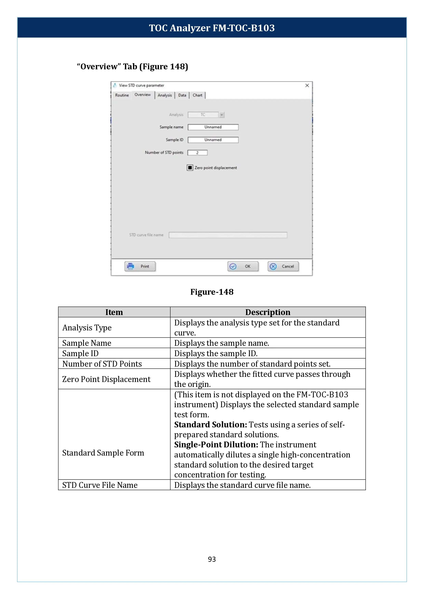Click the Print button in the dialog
140,266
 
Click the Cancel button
283,266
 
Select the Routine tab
122,95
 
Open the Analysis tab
165,95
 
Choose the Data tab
182,95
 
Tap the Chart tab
197,95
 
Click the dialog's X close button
307,86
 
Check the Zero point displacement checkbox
190,168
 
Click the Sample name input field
213,127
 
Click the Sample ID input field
213,140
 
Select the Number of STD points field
197,153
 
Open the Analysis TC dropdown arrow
222,115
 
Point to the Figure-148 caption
212,292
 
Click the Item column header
114,312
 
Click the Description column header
268,312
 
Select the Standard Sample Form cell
103,453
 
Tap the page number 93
212,559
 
